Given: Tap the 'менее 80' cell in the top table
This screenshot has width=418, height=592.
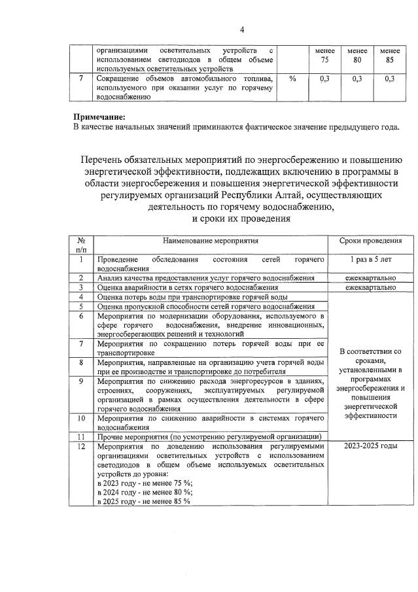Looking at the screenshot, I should coord(357,55).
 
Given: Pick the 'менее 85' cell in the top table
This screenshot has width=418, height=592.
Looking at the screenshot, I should coord(390,55).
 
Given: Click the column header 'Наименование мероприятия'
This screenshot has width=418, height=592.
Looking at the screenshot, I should coord(211,241).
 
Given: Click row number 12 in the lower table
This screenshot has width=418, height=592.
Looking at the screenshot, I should coord(81,446).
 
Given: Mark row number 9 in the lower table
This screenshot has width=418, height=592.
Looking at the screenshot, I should coord(81,381).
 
